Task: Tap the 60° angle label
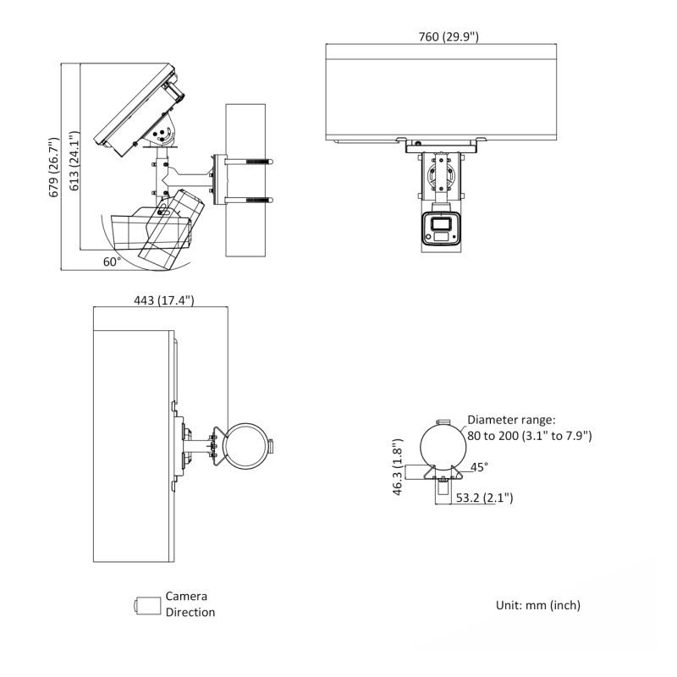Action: [112, 261]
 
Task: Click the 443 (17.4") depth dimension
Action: [164, 300]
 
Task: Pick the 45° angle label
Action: [479, 467]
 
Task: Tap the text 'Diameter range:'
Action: [511, 420]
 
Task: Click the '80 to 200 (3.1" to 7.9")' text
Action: [529, 436]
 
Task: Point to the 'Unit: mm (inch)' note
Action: [538, 605]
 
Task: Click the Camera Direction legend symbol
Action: [147, 605]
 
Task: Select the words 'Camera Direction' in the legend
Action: [190, 604]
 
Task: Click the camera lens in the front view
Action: [440, 224]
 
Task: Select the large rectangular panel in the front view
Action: [443, 93]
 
